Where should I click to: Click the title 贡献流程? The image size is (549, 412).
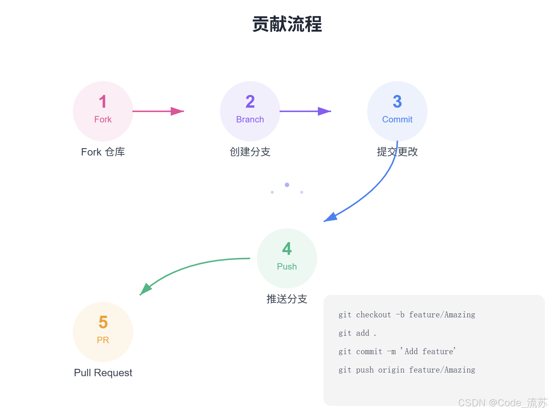click(x=287, y=24)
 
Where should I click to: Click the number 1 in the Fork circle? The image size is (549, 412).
click(x=103, y=102)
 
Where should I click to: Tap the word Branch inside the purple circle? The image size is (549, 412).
click(x=250, y=119)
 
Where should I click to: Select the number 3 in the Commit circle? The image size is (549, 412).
click(x=397, y=102)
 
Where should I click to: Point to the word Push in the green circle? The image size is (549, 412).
click(x=287, y=267)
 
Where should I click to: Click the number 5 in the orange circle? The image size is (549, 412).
click(x=103, y=322)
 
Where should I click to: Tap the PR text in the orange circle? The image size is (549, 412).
click(x=103, y=340)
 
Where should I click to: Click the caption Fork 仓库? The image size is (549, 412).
click(x=103, y=152)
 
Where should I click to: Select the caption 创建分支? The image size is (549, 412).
click(x=250, y=152)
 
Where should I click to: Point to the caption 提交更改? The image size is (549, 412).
click(x=397, y=152)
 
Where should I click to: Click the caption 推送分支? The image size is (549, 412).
click(x=287, y=299)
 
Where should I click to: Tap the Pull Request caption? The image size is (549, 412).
click(x=103, y=373)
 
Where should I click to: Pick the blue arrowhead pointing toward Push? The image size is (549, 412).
click(x=331, y=217)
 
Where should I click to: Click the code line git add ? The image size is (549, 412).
click(x=357, y=333)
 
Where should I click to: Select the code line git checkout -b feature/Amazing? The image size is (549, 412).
click(x=407, y=315)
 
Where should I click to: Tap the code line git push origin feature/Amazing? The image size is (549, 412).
click(x=407, y=370)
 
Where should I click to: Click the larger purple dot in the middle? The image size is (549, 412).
click(x=287, y=185)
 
